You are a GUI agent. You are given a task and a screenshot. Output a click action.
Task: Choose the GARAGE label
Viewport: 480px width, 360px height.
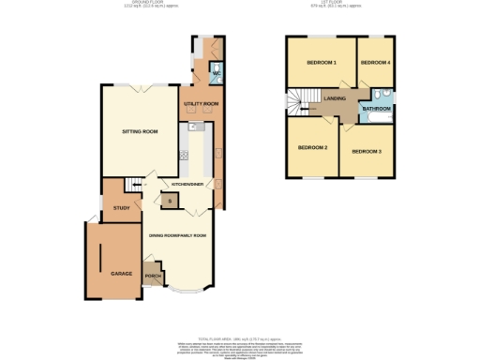pos(121,273)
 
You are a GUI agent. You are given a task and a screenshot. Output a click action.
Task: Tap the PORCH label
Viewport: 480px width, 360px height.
pos(152,276)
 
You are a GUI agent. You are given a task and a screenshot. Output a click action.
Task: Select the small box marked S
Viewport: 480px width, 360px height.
pos(169,201)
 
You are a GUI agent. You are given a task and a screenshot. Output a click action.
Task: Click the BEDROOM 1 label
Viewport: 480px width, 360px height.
pos(321,63)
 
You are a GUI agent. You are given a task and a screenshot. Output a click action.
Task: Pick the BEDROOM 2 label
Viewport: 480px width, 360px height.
pos(312,147)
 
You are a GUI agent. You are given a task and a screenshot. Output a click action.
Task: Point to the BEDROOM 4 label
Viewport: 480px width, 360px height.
pos(375,63)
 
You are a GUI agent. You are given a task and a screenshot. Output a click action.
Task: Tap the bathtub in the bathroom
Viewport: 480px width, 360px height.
pos(382,96)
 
